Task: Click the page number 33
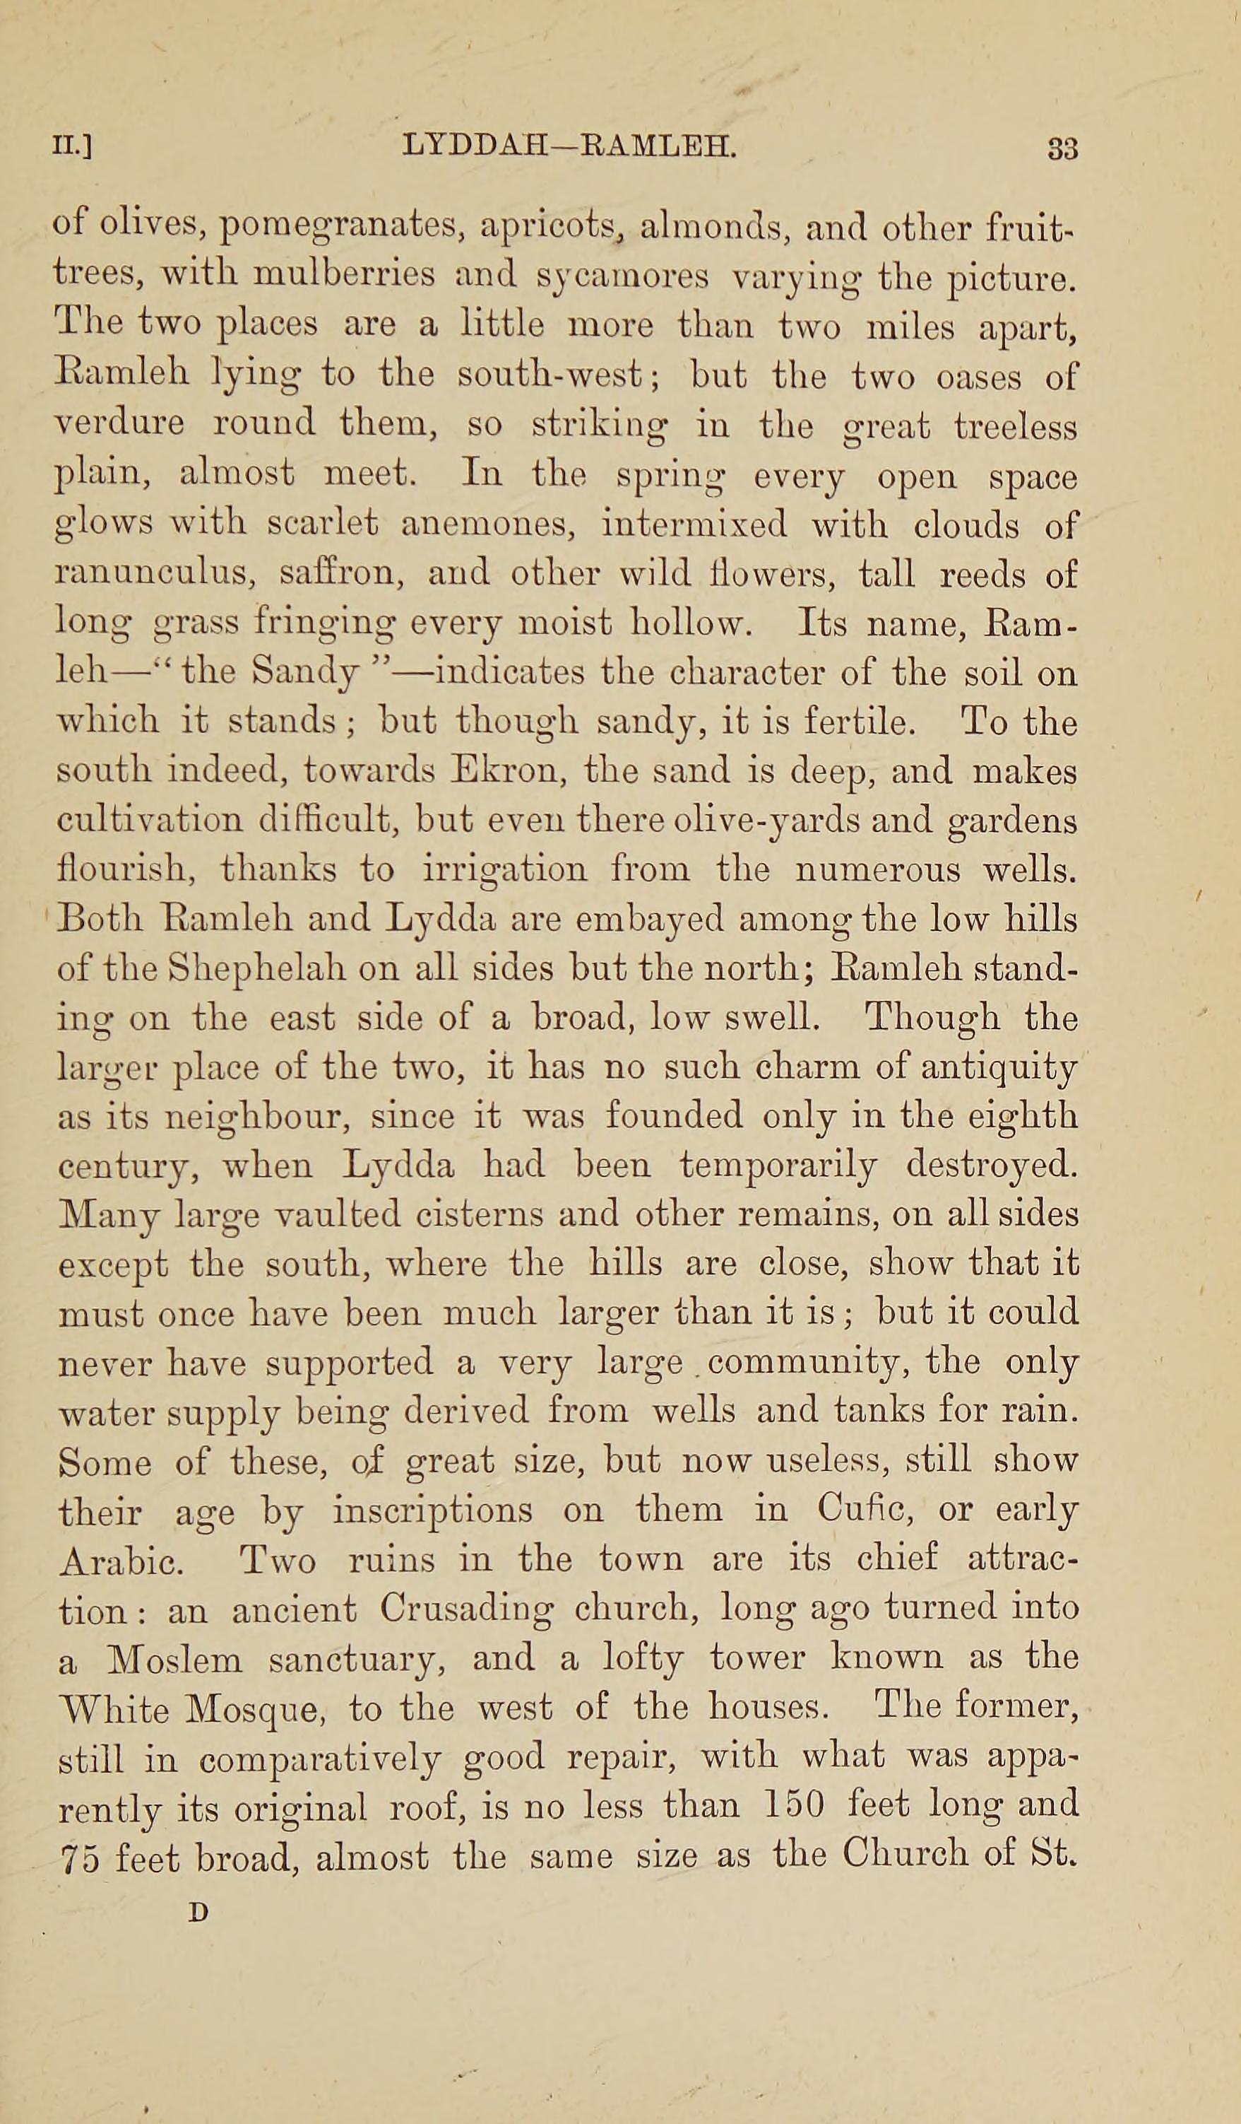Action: (x=1062, y=149)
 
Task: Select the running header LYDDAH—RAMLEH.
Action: (x=571, y=148)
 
